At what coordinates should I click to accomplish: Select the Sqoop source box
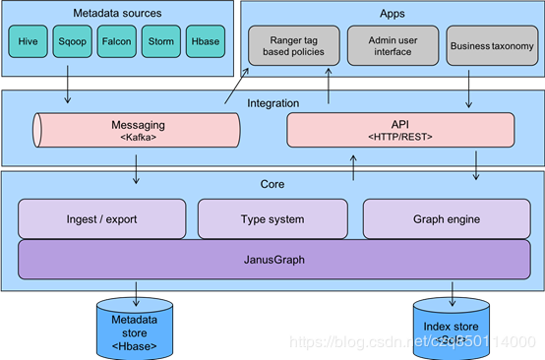pos(73,42)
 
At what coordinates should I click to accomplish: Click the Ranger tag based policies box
pos(292,45)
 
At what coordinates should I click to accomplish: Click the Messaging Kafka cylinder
pos(137,131)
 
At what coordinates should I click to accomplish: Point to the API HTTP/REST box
pos(399,131)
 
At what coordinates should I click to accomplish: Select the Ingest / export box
pos(101,218)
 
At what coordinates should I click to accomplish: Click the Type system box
pos(272,218)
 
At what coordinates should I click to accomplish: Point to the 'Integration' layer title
pos(272,102)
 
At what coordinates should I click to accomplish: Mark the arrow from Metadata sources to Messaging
pos(68,89)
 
